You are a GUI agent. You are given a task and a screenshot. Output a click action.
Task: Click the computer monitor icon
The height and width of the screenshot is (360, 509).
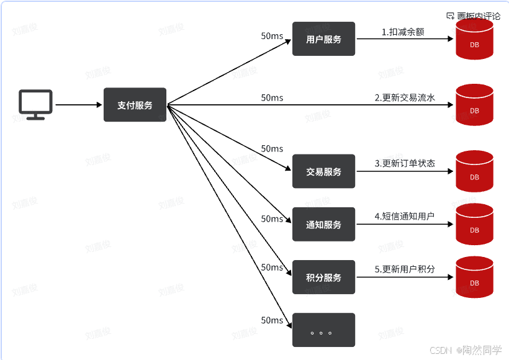pos(35,104)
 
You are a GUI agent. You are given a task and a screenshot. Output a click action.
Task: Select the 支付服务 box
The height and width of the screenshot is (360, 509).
pos(135,105)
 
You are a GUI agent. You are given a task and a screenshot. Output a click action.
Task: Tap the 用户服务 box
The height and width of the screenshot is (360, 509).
pos(323,39)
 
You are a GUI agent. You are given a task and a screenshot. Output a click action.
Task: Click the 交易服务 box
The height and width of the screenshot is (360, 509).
pos(323,171)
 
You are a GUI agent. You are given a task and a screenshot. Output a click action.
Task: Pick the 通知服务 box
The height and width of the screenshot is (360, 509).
pos(323,225)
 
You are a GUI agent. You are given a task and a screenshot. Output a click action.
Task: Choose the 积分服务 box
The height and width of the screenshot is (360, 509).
pos(323,277)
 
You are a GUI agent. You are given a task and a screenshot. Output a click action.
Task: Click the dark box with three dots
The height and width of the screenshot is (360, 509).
pos(323,330)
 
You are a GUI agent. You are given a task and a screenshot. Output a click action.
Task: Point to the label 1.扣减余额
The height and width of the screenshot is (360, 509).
pos(403,32)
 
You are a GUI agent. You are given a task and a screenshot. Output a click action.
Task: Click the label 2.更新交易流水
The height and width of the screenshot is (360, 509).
pos(405,97)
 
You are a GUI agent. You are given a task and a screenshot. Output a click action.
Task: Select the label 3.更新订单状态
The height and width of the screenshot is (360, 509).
pos(405,164)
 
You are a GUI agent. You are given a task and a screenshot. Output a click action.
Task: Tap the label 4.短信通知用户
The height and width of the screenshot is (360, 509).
pos(404,217)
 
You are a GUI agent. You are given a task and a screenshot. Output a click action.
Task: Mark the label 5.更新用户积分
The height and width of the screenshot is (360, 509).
pos(405,269)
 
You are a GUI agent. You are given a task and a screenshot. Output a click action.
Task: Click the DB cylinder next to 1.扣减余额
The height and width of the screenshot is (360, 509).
pos(474,40)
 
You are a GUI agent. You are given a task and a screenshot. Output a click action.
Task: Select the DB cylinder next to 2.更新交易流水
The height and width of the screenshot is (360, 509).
pos(474,106)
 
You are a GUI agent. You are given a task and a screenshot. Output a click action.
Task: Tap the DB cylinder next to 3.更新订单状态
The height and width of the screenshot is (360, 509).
pos(474,172)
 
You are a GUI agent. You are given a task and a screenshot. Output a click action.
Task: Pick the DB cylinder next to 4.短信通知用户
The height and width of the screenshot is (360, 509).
pos(474,225)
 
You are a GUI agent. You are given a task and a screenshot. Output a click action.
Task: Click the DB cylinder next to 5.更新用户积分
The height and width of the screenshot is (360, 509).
pos(474,277)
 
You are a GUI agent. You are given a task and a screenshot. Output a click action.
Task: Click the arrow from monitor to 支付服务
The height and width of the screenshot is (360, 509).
pos(78,105)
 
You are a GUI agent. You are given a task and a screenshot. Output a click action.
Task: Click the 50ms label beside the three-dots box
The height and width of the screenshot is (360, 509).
pos(272,320)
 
